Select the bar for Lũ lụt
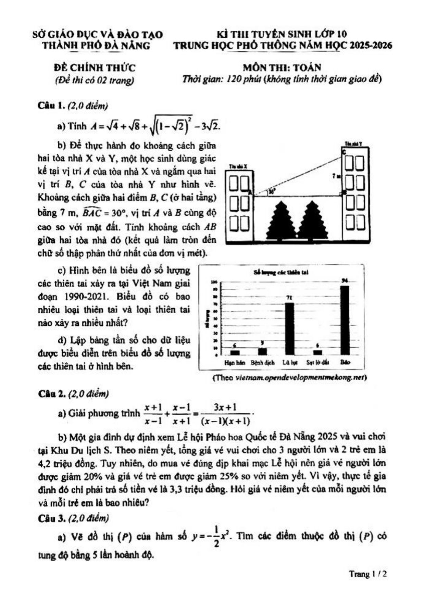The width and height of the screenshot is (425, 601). click(290, 329)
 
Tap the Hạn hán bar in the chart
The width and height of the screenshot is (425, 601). click(235, 352)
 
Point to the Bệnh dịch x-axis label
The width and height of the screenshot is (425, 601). click(262, 362)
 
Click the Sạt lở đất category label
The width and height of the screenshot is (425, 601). click(317, 362)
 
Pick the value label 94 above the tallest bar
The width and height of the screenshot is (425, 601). click(345, 280)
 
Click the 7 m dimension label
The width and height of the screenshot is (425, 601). click(336, 176)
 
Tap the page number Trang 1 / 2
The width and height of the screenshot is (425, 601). click(368, 574)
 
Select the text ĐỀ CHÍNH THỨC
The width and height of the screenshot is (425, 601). click(92, 67)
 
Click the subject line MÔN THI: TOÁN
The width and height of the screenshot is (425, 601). click(282, 67)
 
